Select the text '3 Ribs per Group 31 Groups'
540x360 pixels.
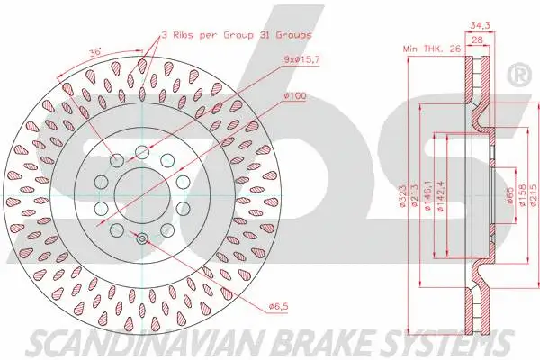(x=237, y=33)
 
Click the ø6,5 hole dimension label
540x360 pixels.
(x=280, y=307)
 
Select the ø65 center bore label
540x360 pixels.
(x=510, y=196)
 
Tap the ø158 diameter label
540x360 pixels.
(x=522, y=196)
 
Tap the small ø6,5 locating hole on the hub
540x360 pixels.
(x=142, y=238)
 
